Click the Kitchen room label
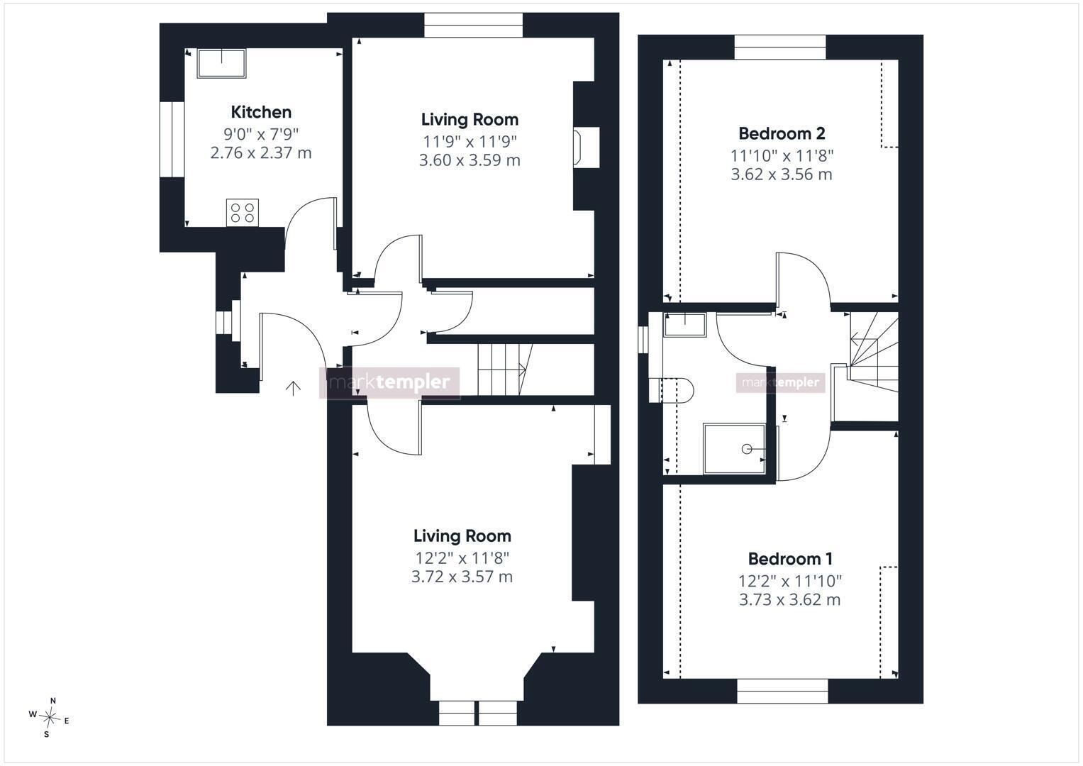(x=261, y=112)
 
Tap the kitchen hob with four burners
(x=243, y=213)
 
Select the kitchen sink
(x=221, y=63)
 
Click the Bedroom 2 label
(x=782, y=133)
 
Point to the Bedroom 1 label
(x=790, y=559)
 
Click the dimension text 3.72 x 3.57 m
(x=462, y=577)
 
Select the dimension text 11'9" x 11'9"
(x=470, y=142)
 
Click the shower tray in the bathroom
(x=734, y=449)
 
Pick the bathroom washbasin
(x=684, y=325)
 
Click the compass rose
(x=49, y=718)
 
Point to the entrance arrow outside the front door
(x=293, y=389)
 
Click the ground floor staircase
(x=505, y=370)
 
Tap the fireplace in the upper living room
(x=586, y=148)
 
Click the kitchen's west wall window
(x=172, y=139)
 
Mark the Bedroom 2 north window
(x=780, y=48)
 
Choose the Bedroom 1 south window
(x=783, y=691)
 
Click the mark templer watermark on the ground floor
(x=389, y=383)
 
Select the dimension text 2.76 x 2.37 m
(x=261, y=153)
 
